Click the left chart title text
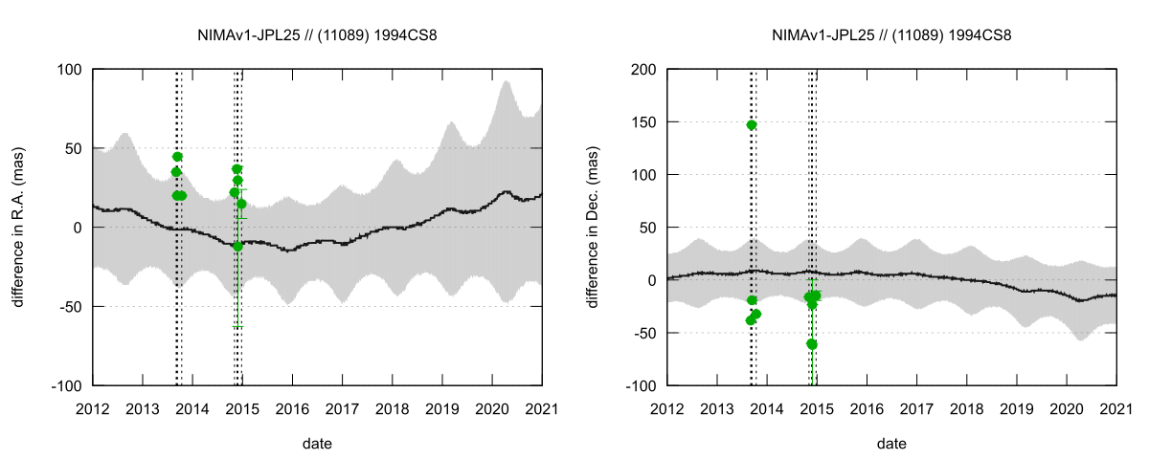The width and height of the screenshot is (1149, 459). click(x=317, y=35)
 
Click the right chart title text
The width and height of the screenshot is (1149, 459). click(x=891, y=35)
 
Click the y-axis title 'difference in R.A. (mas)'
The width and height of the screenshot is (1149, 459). click(x=19, y=227)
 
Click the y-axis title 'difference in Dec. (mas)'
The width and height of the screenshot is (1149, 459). click(x=594, y=227)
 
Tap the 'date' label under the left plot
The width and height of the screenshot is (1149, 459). click(x=317, y=444)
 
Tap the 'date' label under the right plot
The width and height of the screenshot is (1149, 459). click(x=891, y=444)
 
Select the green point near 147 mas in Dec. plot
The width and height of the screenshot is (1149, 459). click(x=752, y=125)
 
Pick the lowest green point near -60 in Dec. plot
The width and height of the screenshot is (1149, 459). click(x=812, y=344)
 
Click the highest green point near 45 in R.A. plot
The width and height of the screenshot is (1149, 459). click(x=177, y=157)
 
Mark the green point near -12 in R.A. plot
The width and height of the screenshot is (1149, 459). click(x=237, y=246)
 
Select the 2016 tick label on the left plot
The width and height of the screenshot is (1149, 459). click(x=292, y=409)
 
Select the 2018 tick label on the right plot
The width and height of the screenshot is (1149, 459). click(x=966, y=409)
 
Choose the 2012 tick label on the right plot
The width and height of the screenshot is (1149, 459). click(x=667, y=409)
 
